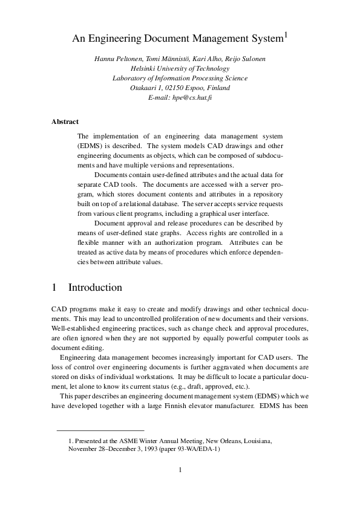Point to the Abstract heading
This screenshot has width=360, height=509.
tap(65, 122)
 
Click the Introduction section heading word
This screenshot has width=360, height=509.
tap(95, 287)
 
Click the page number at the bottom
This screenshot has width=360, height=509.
tap(180, 470)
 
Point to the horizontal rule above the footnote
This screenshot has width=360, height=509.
tap(100, 430)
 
